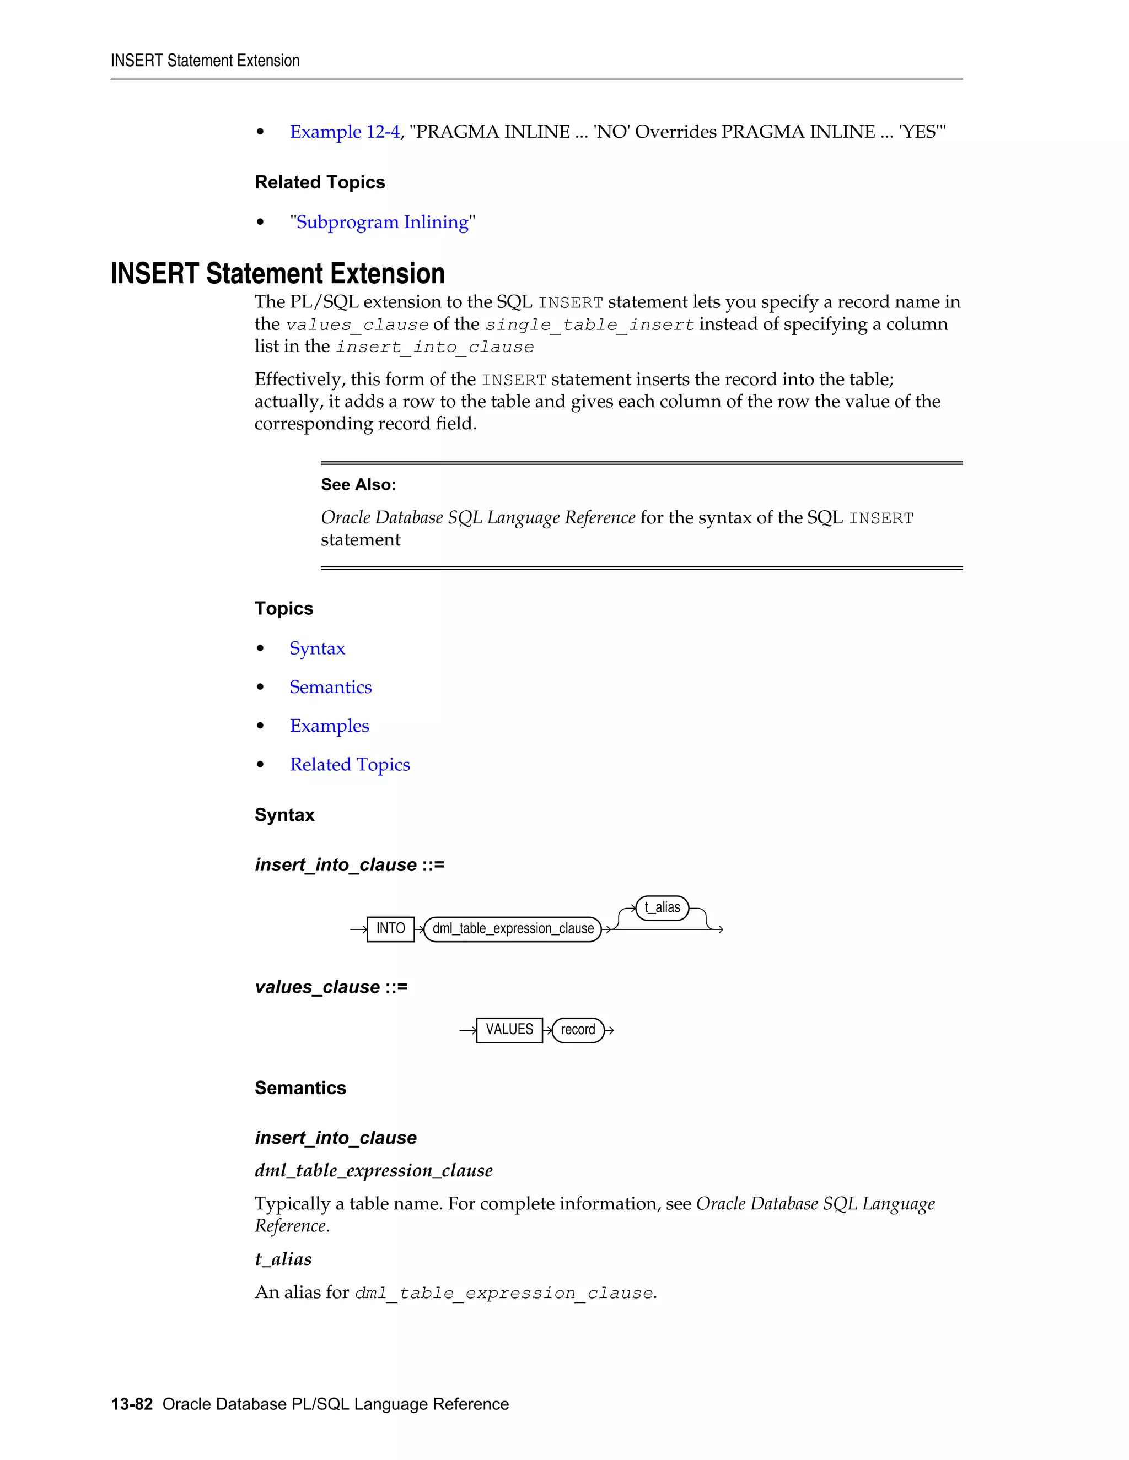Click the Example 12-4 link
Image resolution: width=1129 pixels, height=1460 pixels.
coord(345,132)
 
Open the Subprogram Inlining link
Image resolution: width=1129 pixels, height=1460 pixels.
coord(382,222)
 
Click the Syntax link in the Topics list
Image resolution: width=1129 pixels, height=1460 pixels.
coord(317,648)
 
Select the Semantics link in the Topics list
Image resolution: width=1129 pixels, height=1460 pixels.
coord(330,687)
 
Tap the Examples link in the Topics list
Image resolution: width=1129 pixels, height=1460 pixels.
coord(329,726)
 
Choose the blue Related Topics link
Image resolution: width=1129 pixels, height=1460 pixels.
coord(350,765)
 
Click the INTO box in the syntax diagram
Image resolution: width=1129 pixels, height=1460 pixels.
coord(391,928)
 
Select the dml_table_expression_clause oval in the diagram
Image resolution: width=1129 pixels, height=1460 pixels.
coord(513,928)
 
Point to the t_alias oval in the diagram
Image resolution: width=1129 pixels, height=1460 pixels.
coord(662,908)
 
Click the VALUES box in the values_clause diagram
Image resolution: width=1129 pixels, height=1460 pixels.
coord(509,1030)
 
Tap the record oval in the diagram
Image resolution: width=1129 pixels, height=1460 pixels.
coord(578,1030)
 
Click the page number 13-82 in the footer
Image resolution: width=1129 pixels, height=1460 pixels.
coord(132,1404)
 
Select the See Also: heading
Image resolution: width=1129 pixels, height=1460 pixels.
coord(358,485)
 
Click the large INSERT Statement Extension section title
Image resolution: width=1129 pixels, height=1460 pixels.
coord(278,274)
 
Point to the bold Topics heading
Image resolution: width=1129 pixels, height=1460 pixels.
coord(283,608)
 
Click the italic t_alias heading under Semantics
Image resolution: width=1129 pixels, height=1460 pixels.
coord(283,1259)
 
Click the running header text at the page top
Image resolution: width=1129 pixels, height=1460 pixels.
coord(205,61)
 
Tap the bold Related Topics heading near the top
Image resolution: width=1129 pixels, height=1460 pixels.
coord(320,182)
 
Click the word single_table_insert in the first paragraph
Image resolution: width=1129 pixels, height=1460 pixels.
coord(589,325)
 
